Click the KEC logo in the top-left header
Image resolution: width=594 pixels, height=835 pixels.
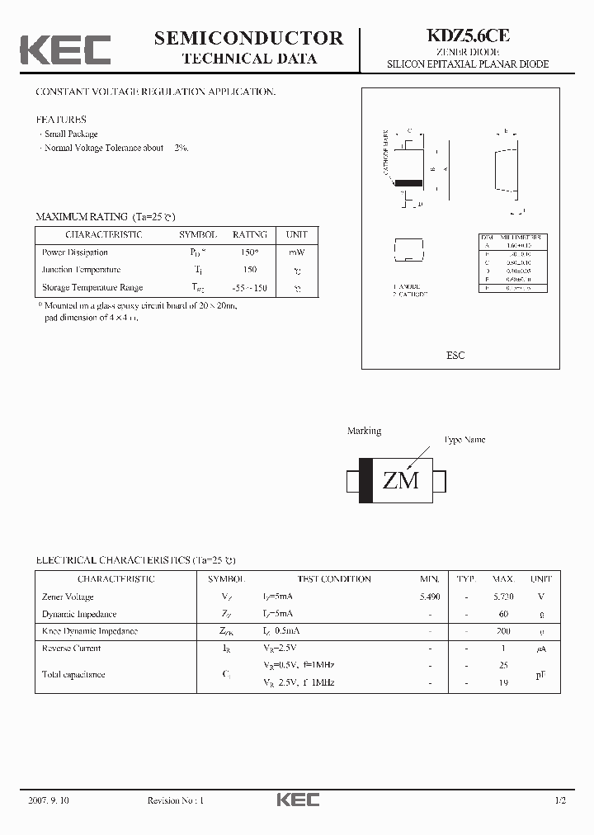[x=65, y=50]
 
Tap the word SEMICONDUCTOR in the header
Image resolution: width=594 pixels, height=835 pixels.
[x=248, y=38]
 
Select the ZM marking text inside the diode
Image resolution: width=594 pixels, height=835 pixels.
[x=401, y=480]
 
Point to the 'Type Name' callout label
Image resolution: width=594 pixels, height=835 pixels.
[x=464, y=440]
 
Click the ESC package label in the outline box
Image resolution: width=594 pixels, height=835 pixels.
[x=455, y=356]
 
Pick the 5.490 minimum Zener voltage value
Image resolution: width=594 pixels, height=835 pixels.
[x=430, y=597]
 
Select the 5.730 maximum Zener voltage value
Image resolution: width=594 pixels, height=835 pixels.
[x=503, y=597]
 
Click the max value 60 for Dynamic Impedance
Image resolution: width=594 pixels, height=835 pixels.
[x=503, y=614]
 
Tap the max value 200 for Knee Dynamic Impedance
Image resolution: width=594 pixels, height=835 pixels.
[x=503, y=631]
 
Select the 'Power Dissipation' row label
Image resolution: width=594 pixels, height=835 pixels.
[x=75, y=252]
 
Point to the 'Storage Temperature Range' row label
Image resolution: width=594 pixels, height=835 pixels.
[x=92, y=288]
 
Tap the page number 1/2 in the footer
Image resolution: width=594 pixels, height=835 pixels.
[x=561, y=800]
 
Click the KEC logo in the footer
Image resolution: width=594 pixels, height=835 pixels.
[x=297, y=800]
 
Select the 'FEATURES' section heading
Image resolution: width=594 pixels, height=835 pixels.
[x=60, y=120]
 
